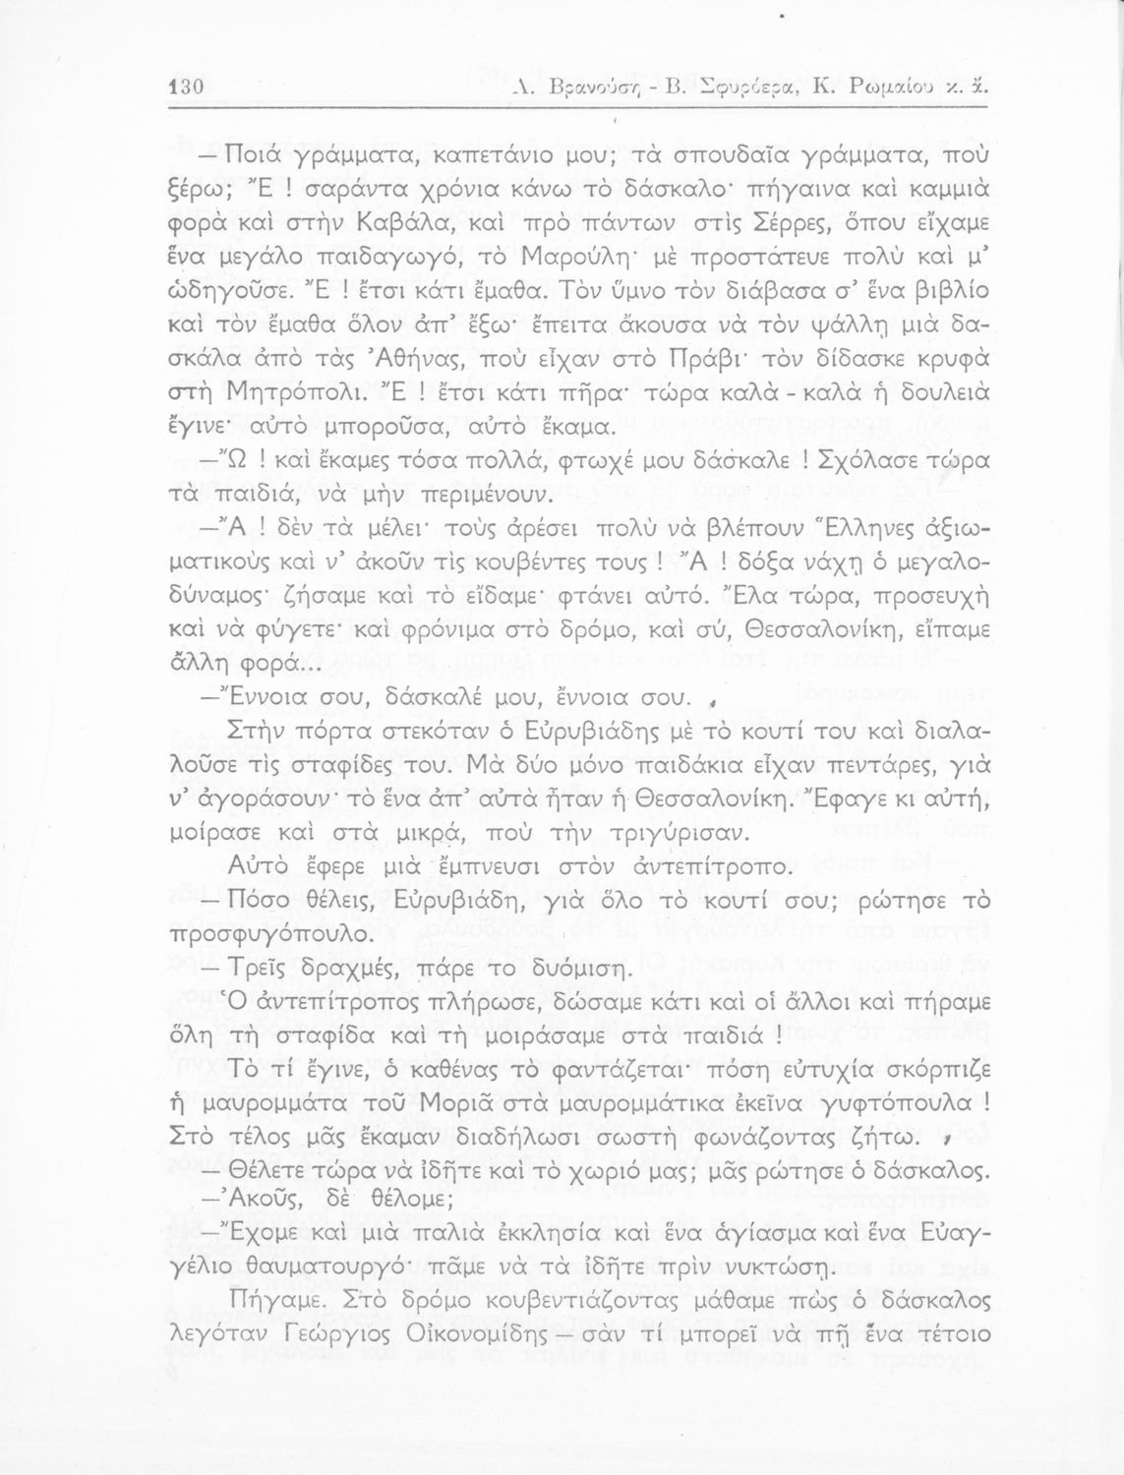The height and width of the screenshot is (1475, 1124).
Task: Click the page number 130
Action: (185, 87)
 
